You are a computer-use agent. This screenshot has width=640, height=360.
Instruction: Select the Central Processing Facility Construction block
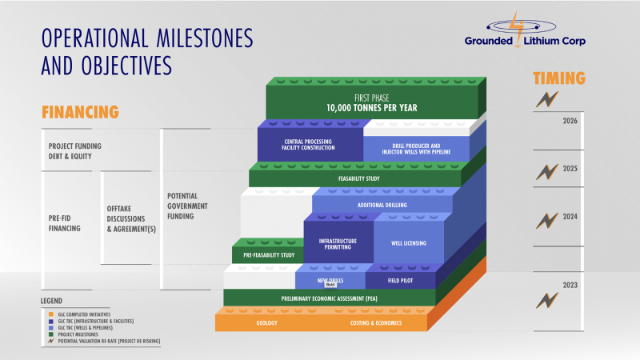(309, 145)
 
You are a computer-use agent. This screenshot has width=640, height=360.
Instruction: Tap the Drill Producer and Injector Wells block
(416, 145)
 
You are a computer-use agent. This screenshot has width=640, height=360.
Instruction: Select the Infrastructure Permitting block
(338, 243)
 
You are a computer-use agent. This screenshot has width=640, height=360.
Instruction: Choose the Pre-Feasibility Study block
(267, 255)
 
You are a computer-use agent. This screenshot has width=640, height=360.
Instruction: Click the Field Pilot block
(401, 281)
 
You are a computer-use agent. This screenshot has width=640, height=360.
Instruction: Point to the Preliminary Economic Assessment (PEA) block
(329, 298)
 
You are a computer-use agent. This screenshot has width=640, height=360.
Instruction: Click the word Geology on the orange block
(267, 323)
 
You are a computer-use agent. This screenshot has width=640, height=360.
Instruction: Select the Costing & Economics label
(376, 323)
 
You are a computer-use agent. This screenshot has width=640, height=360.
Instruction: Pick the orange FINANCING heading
(80, 111)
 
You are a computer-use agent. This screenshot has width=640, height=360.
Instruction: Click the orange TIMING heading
(559, 78)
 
